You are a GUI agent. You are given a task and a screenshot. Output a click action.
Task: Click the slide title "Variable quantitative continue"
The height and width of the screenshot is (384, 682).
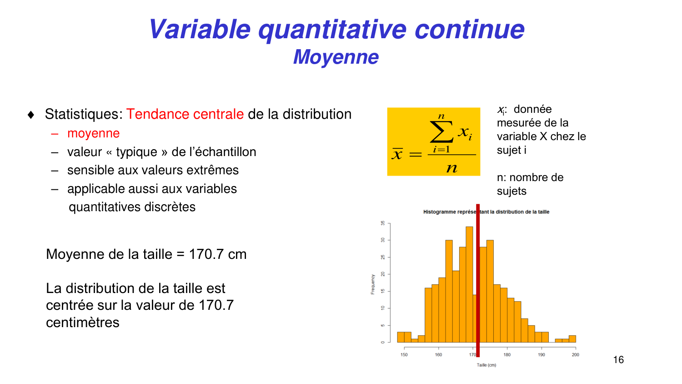click(336, 29)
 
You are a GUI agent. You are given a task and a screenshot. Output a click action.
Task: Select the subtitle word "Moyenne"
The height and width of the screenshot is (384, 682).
click(336, 57)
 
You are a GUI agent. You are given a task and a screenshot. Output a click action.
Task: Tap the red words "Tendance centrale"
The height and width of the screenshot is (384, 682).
click(185, 114)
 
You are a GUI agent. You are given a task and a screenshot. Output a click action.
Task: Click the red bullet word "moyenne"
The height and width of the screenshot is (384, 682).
click(93, 133)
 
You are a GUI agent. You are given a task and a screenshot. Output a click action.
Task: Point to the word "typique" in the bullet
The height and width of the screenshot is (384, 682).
click(136, 152)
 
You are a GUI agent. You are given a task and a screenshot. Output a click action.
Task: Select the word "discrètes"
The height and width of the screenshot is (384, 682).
click(170, 207)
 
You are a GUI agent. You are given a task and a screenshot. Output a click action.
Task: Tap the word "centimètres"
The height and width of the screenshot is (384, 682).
click(82, 323)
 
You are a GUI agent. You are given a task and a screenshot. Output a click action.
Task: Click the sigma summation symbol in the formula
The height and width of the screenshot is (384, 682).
click(441, 131)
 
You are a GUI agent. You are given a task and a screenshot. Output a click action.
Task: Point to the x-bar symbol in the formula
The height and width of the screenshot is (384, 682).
click(397, 154)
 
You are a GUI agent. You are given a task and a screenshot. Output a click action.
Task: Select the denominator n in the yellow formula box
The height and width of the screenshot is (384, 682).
click(451, 168)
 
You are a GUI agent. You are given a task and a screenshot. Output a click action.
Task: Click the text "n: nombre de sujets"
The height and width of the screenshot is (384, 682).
click(530, 184)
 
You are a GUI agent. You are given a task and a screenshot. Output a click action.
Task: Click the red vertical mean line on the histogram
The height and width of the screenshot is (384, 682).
click(478, 282)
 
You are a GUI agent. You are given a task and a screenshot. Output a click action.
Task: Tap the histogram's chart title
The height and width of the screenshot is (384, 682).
click(486, 212)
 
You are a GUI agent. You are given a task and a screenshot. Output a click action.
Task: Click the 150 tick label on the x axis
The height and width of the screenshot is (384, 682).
click(404, 355)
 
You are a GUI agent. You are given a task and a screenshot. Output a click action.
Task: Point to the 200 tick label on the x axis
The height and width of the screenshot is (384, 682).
click(575, 355)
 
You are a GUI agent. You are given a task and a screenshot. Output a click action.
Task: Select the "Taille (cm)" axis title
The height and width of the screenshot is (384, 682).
click(486, 365)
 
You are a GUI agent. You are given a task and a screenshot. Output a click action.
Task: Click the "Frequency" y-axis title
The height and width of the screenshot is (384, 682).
click(373, 284)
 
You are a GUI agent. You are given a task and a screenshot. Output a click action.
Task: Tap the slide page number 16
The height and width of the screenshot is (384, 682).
click(618, 360)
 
